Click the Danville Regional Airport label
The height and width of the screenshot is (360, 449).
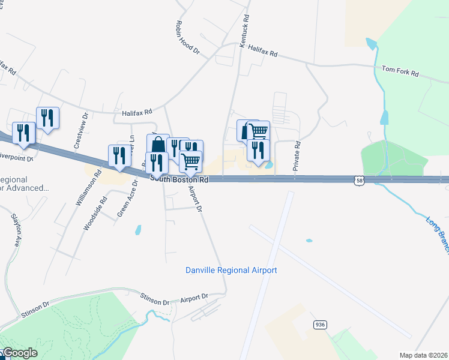(x=231, y=271)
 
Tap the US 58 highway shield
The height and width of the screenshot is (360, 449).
(x=358, y=179)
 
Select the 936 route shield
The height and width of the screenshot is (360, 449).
(x=319, y=325)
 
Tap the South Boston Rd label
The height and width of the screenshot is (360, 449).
(x=179, y=179)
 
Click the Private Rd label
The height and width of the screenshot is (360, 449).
(x=296, y=157)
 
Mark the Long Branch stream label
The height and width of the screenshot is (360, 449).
(x=436, y=235)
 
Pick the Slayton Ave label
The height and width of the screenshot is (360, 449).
(x=16, y=230)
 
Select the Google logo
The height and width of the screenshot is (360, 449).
(x=20, y=353)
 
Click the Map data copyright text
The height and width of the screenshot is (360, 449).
(x=424, y=355)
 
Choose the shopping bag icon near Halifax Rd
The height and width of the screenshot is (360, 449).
(x=158, y=145)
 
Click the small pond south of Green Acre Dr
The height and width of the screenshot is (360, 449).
(x=139, y=229)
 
